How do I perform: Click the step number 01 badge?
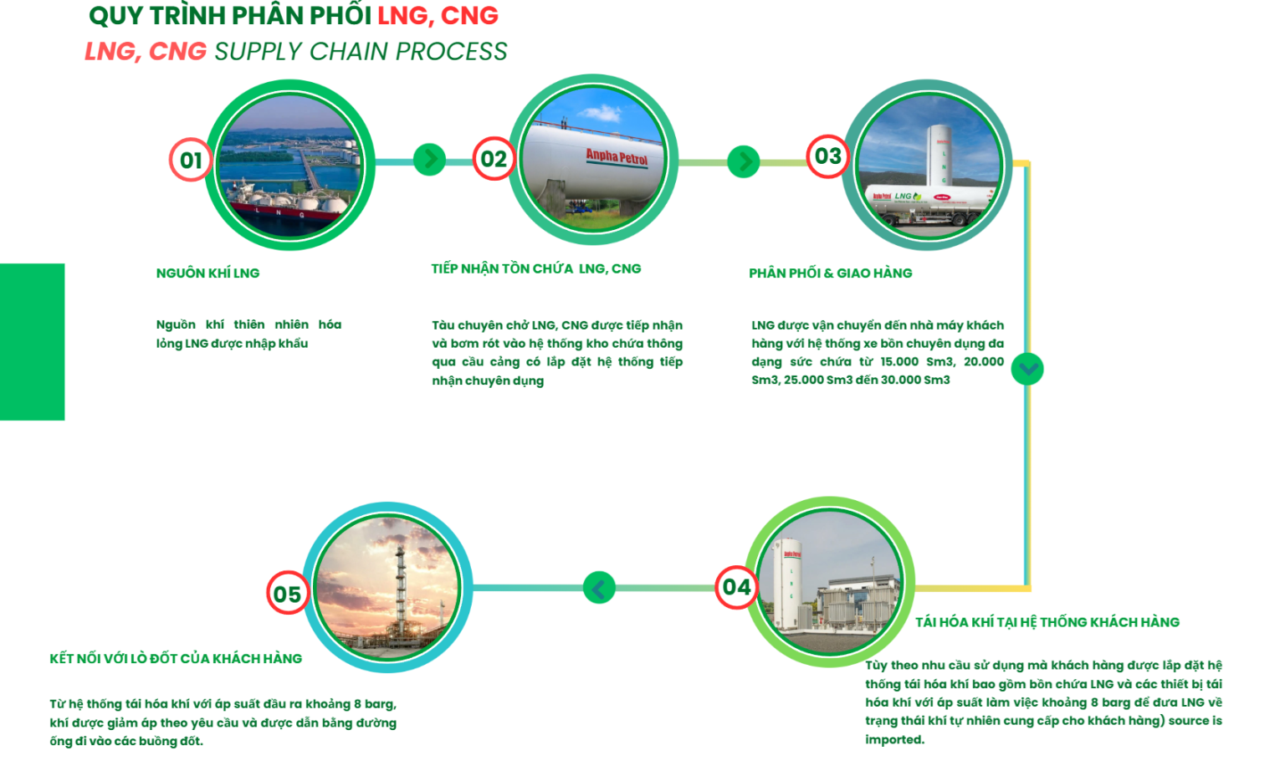[x=191, y=160]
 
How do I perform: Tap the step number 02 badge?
[x=494, y=159]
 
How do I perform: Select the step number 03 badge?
[x=827, y=156]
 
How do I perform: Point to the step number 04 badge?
[x=736, y=587]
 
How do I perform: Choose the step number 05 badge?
[x=287, y=594]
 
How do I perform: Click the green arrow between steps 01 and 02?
[x=430, y=159]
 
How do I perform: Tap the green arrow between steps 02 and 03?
[x=743, y=161]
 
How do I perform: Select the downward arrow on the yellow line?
[x=1027, y=369]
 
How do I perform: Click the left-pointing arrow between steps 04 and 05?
[x=599, y=588]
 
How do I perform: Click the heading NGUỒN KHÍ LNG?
[x=207, y=273]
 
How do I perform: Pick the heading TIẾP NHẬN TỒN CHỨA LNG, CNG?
[x=536, y=269]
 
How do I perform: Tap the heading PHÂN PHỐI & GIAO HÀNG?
[x=830, y=273]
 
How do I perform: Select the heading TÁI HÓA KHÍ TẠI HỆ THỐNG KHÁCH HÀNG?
[x=1047, y=622]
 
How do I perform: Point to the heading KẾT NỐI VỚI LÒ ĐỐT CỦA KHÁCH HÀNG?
[x=176, y=659]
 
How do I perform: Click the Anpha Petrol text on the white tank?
[x=617, y=157]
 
